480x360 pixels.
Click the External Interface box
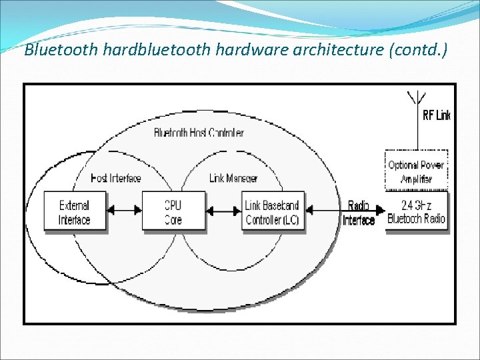[74, 213]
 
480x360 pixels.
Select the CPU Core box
[173, 213]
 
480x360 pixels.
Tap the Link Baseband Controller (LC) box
[272, 213]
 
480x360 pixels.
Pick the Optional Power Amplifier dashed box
[417, 171]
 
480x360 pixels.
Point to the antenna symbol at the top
[417, 99]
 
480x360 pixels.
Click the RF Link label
[437, 115]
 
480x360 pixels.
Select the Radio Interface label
[359, 213]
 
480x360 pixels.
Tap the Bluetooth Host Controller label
[199, 133]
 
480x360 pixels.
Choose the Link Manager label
[233, 178]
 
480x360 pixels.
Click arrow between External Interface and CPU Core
[124, 211]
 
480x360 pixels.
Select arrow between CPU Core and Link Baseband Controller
[224, 211]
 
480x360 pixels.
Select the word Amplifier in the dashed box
[417, 179]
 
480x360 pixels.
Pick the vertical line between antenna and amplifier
[417, 133]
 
